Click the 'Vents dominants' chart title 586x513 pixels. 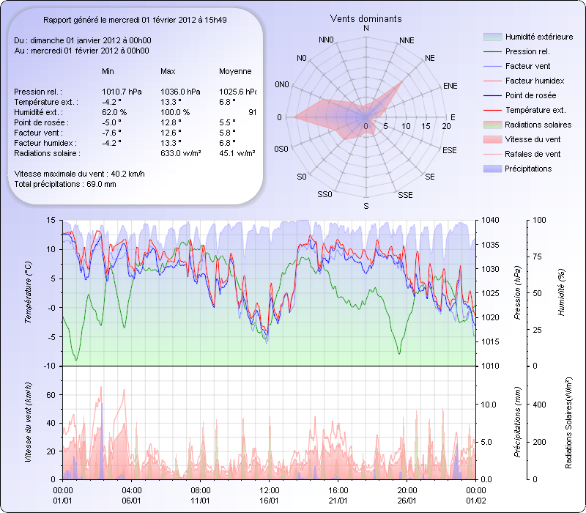pyautogui.click(x=366, y=18)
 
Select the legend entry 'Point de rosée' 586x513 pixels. pyautogui.click(x=530, y=95)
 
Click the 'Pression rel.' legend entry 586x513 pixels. pyautogui.click(x=527, y=51)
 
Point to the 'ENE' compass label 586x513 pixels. pyautogui.click(x=450, y=86)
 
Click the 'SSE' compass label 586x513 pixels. pyautogui.click(x=404, y=195)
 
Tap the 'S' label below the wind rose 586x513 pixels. pyautogui.click(x=366, y=207)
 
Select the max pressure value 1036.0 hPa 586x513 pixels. pyautogui.click(x=180, y=92)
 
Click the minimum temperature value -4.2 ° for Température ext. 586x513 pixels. pyautogui.click(x=111, y=102)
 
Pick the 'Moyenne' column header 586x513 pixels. pyautogui.click(x=235, y=71)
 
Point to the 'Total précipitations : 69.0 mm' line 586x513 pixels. pyautogui.click(x=65, y=184)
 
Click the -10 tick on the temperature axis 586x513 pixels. pyautogui.click(x=50, y=366)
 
